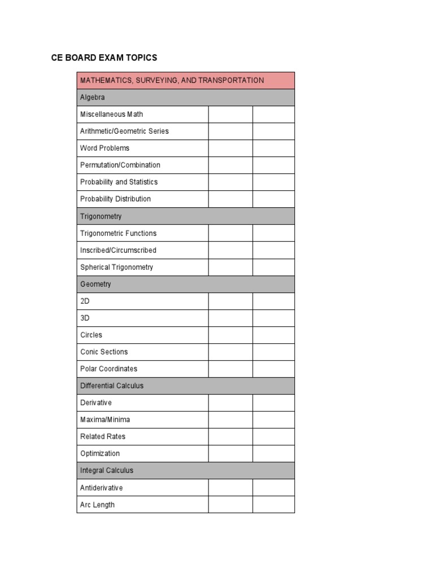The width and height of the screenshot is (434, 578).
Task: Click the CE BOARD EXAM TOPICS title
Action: (104, 58)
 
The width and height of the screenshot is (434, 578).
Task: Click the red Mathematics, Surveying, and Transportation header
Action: (172, 80)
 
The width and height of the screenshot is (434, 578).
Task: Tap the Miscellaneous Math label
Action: (111, 114)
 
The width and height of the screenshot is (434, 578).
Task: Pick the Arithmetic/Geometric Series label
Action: (124, 131)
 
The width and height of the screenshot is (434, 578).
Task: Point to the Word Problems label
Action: (105, 148)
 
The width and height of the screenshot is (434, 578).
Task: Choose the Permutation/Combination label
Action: (120, 165)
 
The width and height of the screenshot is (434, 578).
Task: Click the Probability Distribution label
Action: (115, 199)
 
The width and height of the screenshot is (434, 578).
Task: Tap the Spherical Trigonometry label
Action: (116, 267)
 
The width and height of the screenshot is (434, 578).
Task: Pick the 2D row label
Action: (85, 301)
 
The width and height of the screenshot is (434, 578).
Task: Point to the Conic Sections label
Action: (104, 352)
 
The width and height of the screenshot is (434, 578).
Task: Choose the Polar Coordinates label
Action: (108, 369)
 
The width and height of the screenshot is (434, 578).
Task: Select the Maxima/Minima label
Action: (105, 419)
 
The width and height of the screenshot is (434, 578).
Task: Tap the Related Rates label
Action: (103, 436)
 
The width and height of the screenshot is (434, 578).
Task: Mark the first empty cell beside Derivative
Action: (230, 402)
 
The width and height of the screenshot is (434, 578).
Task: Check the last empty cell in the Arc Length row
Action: (274, 505)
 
